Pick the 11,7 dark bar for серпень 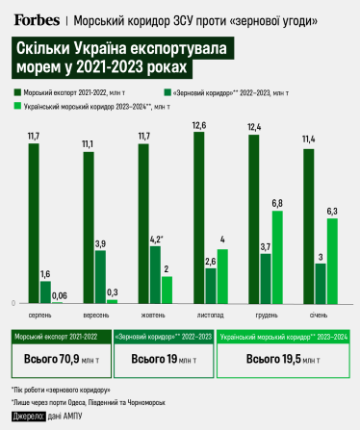click(33, 223)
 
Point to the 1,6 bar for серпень click(45, 291)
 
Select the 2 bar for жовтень click(167, 290)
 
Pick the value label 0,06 click(60, 295)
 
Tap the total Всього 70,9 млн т click(57, 358)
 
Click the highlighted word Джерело click(28, 416)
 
